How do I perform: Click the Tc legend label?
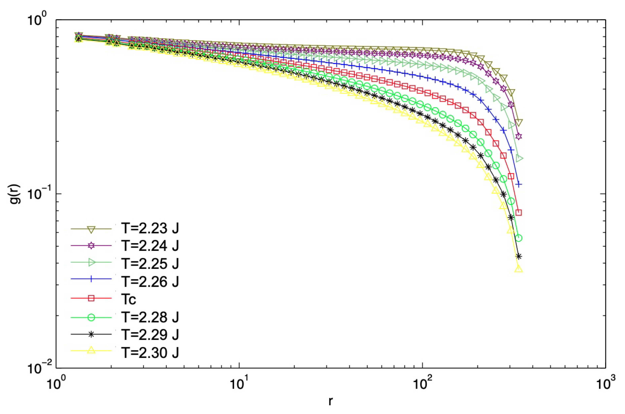(129, 299)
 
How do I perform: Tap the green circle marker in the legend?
(91, 317)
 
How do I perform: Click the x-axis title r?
(330, 401)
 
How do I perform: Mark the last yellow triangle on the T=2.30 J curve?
(518, 269)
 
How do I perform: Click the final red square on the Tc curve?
(518, 212)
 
